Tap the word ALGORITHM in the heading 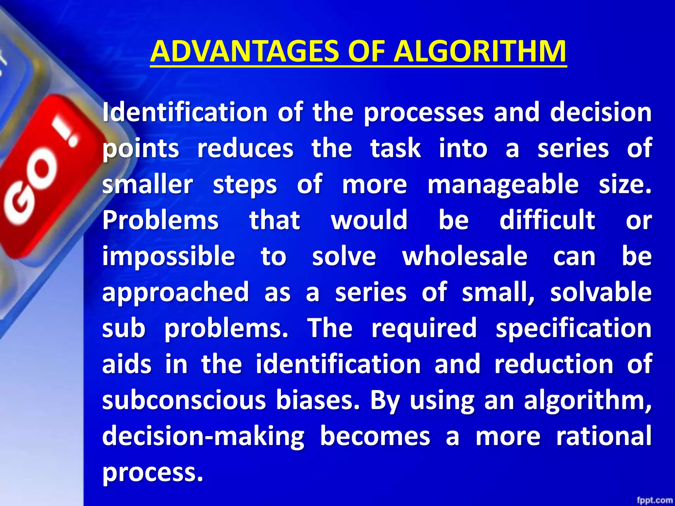click(480, 52)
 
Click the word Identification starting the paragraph click(185, 113)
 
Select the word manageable click(503, 184)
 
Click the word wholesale click(465, 256)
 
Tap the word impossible click(168, 256)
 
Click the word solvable click(601, 292)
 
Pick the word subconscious click(184, 400)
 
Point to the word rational click(604, 436)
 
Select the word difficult click(547, 220)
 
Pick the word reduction click(554, 364)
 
